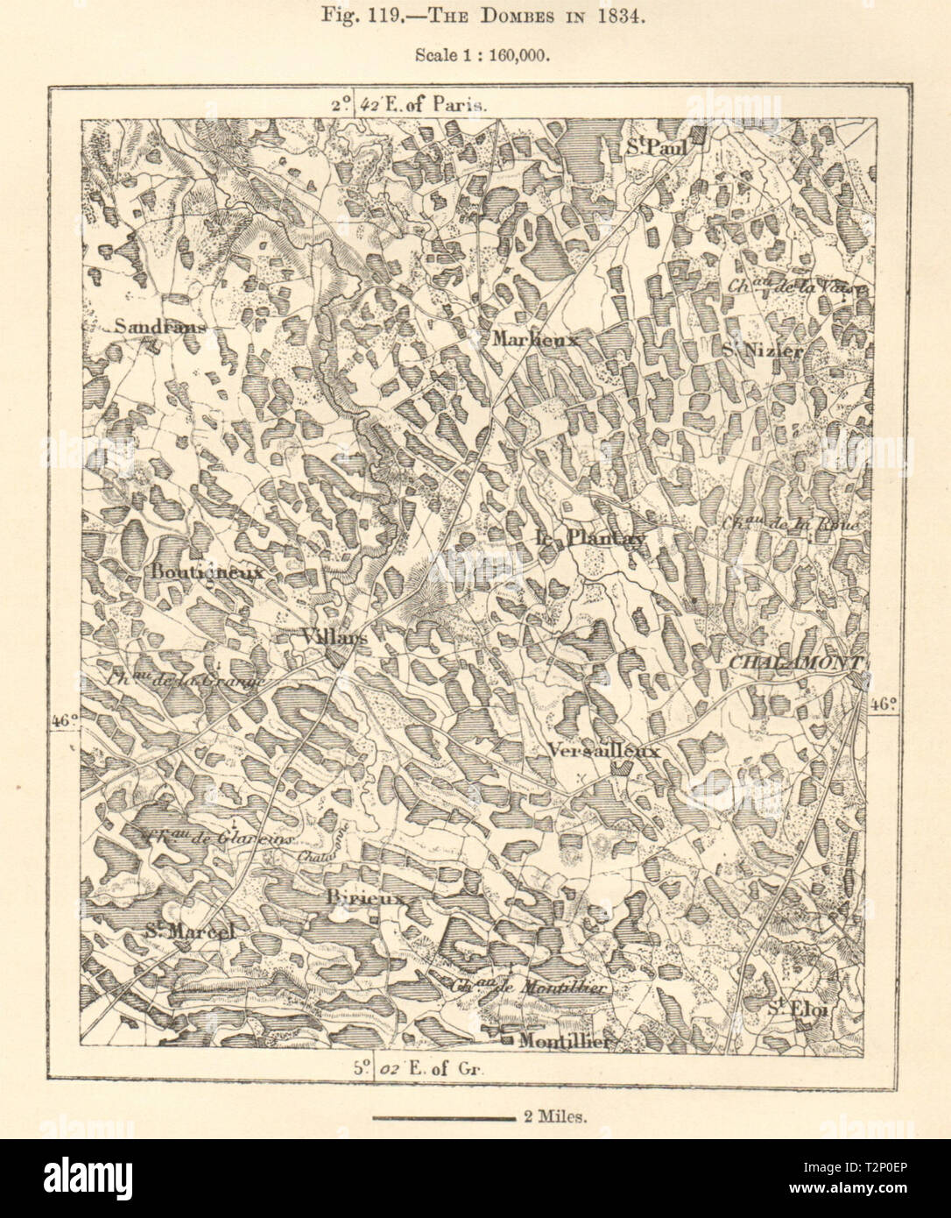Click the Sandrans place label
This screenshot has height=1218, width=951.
[x=159, y=327]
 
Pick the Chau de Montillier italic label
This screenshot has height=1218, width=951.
[x=528, y=986]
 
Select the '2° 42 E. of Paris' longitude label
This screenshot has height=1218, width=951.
[x=407, y=104]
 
